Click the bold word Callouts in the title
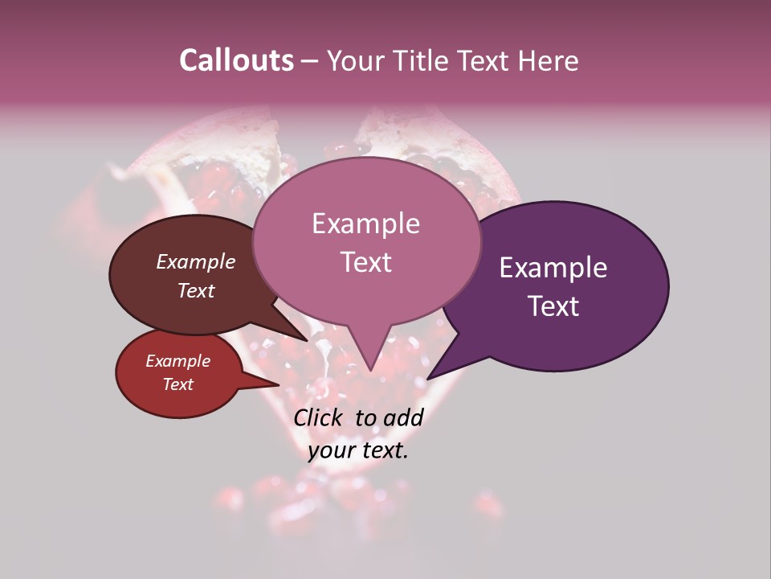point(236,60)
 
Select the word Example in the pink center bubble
point(365,224)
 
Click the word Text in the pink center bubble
point(365,261)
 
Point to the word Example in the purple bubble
point(553,268)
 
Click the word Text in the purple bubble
point(553,306)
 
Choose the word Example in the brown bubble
point(195,261)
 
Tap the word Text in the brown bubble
point(195,290)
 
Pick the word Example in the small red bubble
point(177,361)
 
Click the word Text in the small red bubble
point(177,384)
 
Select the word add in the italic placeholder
point(403,417)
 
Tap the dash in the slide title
point(310,60)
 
